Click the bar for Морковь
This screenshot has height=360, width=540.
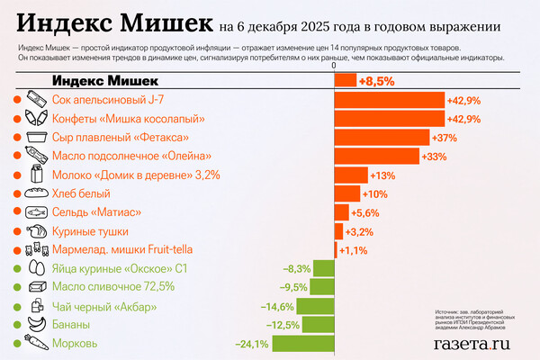point(303,343)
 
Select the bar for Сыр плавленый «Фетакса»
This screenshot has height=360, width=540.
point(382,137)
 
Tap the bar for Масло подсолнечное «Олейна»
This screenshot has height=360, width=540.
point(377,156)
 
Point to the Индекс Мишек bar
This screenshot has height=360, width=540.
point(345,81)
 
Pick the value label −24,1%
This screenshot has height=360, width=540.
point(251,343)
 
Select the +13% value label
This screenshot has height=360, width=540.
point(383,175)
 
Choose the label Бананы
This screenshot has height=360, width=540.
point(71,324)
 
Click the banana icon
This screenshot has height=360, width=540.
point(38,324)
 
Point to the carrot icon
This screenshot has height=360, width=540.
point(38,343)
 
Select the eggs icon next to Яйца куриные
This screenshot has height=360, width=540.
point(38,268)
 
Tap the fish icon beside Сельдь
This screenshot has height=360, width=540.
point(38,212)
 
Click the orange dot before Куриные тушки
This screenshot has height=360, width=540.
point(17,231)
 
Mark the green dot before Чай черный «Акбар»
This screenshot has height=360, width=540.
point(17,306)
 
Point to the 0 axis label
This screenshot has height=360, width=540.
point(334,66)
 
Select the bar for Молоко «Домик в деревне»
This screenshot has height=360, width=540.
point(351,175)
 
